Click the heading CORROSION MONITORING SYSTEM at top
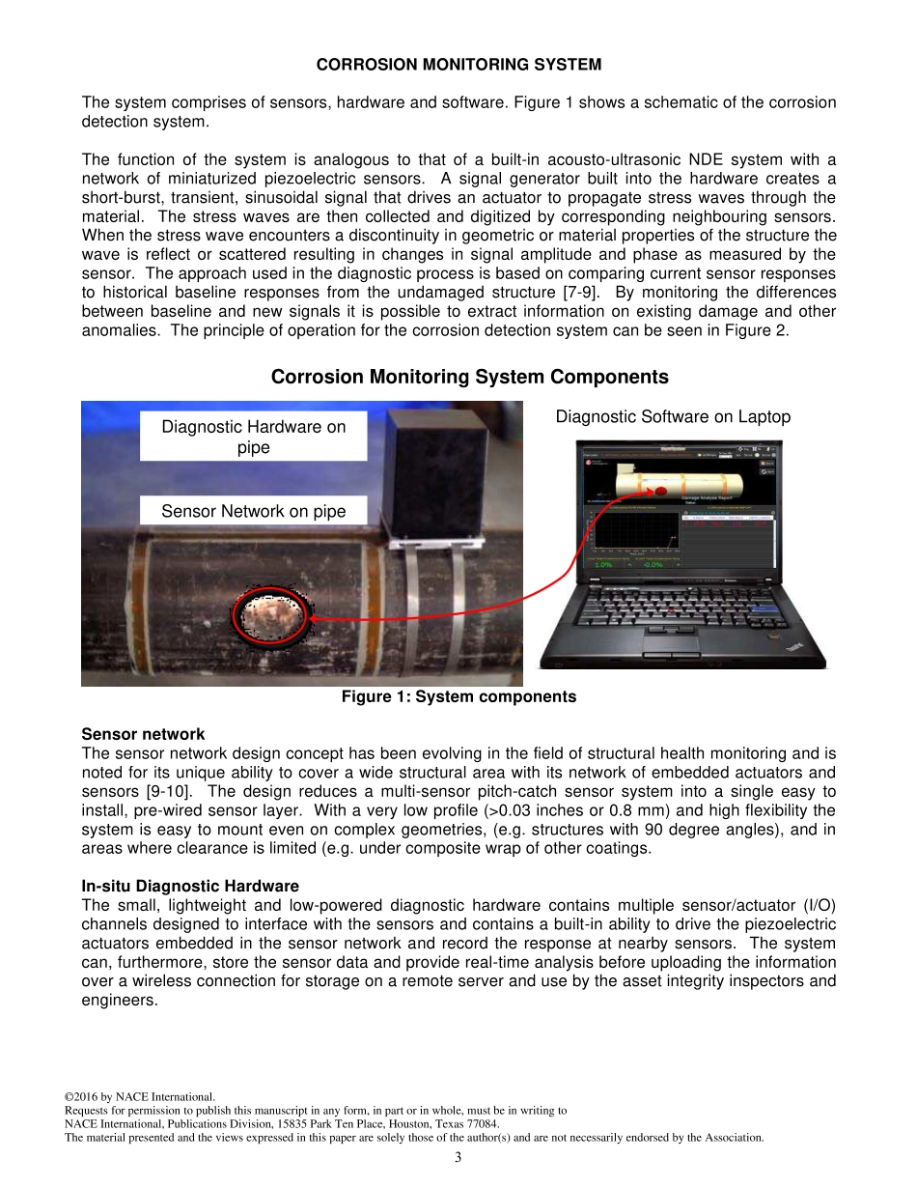pyautogui.click(x=458, y=65)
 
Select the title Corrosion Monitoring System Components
pyautogui.click(x=469, y=377)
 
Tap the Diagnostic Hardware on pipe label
pyautogui.click(x=253, y=437)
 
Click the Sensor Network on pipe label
pyautogui.click(x=253, y=511)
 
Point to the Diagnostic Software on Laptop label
pyautogui.click(x=673, y=416)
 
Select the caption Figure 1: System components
pyautogui.click(x=458, y=696)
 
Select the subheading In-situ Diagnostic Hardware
pyautogui.click(x=190, y=886)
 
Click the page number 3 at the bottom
pyautogui.click(x=458, y=1157)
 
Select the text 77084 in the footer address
pyautogui.click(x=480, y=1124)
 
